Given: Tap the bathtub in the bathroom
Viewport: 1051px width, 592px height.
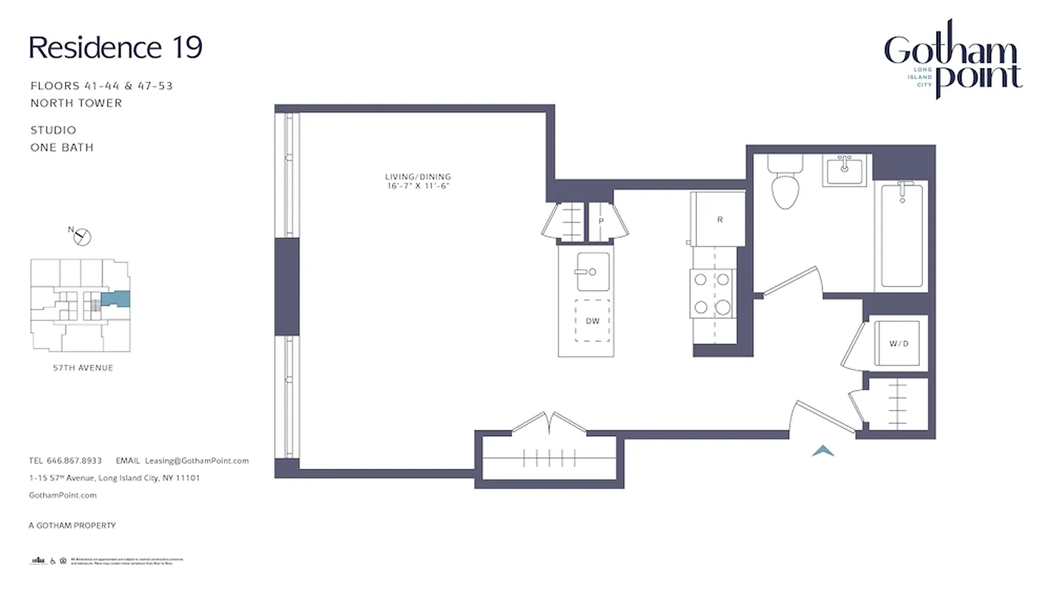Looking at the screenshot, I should coord(900,235).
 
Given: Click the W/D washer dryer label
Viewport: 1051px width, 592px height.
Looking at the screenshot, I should coord(897,343).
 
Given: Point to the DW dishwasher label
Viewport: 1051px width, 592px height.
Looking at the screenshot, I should coord(592,321).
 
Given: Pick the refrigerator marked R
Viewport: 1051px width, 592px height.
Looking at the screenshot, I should coord(719,220).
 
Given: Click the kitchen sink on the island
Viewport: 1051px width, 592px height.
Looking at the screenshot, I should coord(593,272).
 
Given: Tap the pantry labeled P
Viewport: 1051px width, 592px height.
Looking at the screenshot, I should coord(601,221).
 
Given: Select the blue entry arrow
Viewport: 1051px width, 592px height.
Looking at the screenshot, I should coord(823,450).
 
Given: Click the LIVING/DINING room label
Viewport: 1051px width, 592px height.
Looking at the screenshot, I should coord(417,177).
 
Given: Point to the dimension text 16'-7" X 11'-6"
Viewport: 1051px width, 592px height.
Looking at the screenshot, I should coord(417,186).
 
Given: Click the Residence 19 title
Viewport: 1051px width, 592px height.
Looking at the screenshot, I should coord(115,48).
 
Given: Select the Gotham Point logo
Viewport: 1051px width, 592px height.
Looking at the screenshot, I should coord(953,59).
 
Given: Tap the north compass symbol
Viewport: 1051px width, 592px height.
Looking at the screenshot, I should coord(83,237).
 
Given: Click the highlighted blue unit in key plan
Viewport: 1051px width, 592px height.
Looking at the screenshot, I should coord(116,300).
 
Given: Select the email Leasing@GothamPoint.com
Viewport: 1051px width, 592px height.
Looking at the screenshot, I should coord(197,460).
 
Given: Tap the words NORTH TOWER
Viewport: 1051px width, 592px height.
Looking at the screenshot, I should coord(76,103).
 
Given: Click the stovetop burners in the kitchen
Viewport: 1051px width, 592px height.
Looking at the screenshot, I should coord(713,293).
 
